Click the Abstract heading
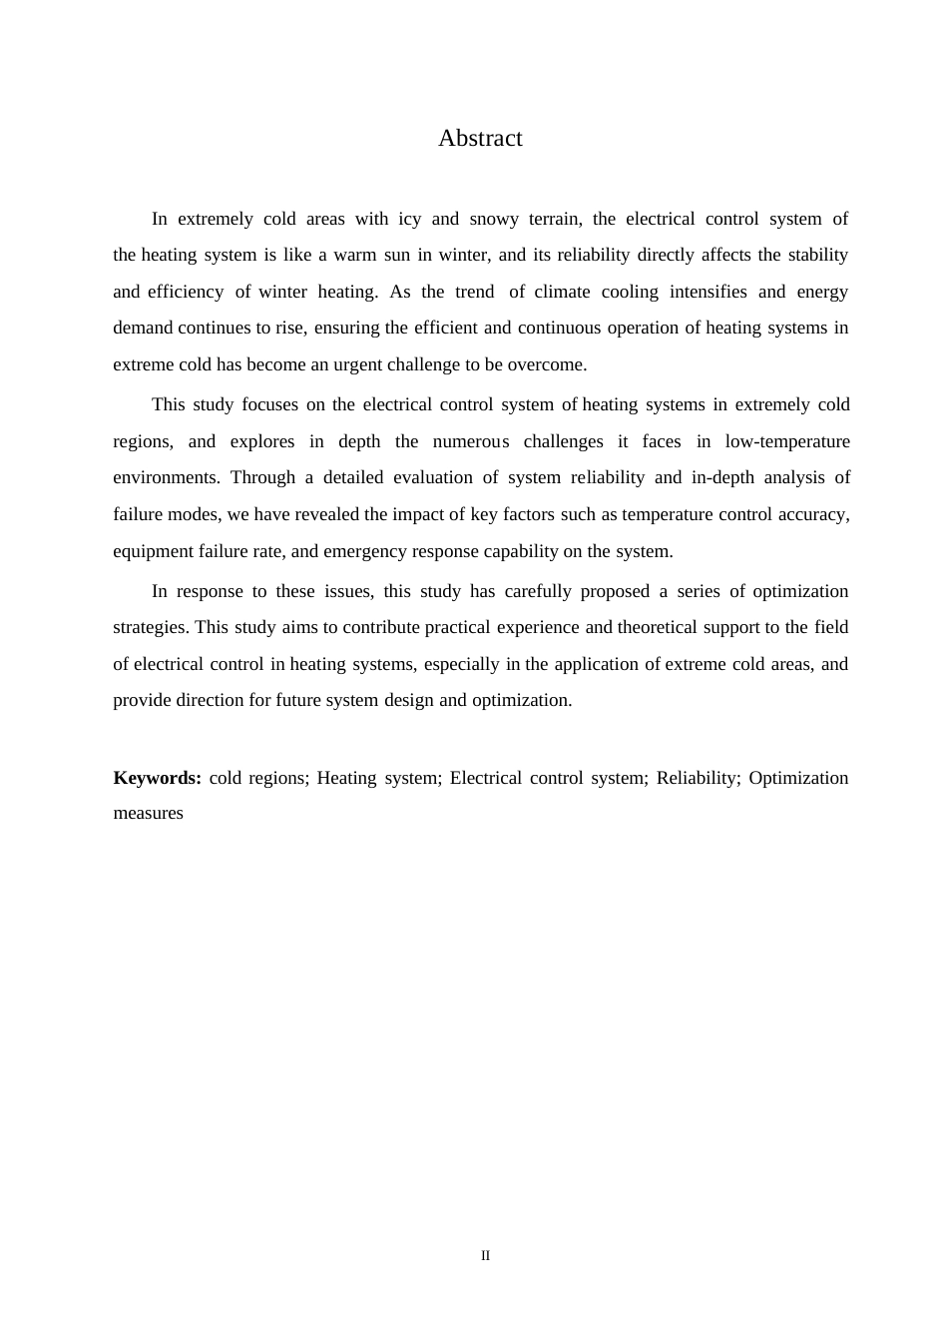480,139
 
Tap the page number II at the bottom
486,1256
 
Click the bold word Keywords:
158,778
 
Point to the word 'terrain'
554,219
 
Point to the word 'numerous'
470,441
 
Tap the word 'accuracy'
811,514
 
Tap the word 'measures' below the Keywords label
148,813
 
